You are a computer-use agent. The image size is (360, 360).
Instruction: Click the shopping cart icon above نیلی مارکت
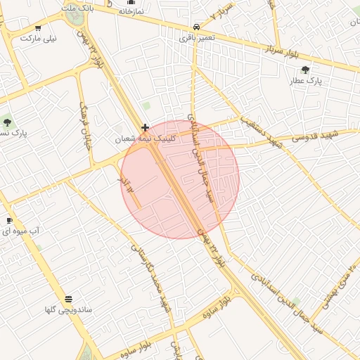click(x=38, y=28)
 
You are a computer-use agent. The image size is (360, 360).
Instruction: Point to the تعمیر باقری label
click(x=194, y=37)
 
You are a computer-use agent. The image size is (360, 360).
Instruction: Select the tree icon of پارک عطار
click(x=304, y=70)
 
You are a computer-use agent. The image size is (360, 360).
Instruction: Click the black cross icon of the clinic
click(x=145, y=128)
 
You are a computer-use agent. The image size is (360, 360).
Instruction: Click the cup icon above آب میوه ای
click(x=9, y=221)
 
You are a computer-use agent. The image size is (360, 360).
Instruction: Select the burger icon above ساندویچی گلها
click(x=68, y=299)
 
